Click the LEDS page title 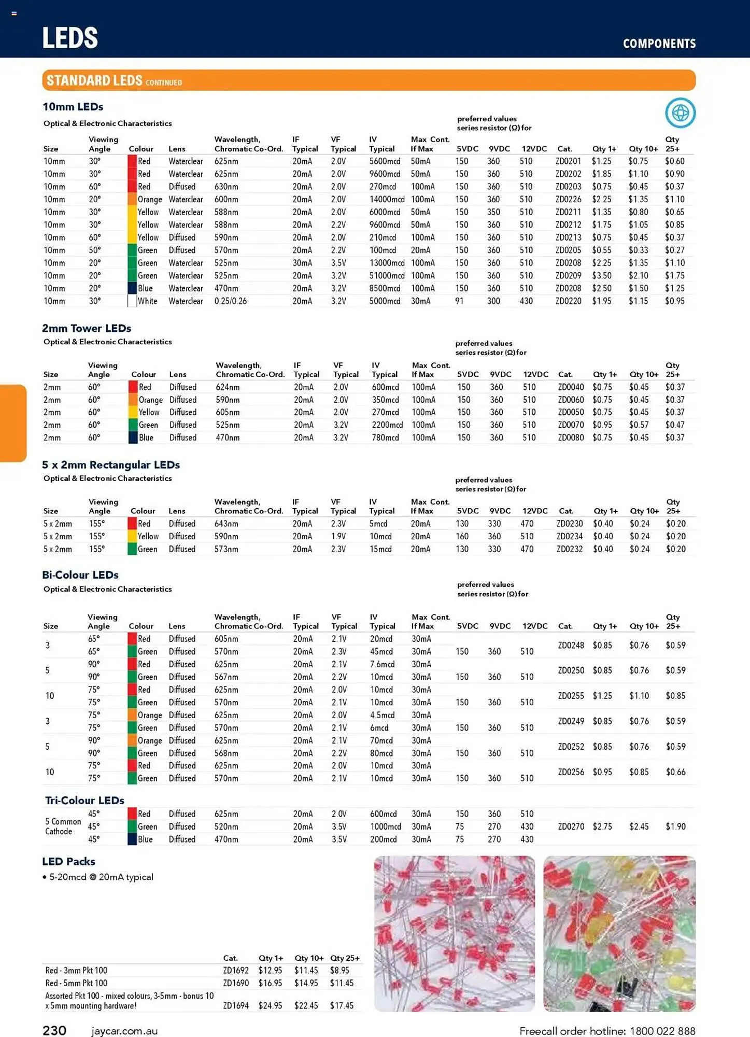pos(70,38)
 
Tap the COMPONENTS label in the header pos(659,44)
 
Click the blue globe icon pos(680,113)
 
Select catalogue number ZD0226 pos(568,200)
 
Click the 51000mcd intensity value pos(387,276)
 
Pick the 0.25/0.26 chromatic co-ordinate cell pos(231,301)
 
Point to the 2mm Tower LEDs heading pos(87,328)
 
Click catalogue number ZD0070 pos(571,425)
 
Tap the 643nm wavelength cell pos(227,524)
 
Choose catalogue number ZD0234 pos(570,537)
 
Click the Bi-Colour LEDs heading pos(80,575)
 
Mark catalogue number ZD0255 pos(571,696)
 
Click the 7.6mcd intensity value pos(382,665)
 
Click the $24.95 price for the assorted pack pos(270,1005)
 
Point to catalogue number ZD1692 pos(236,970)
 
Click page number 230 pos(54,1030)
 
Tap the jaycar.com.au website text pos(124,1031)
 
